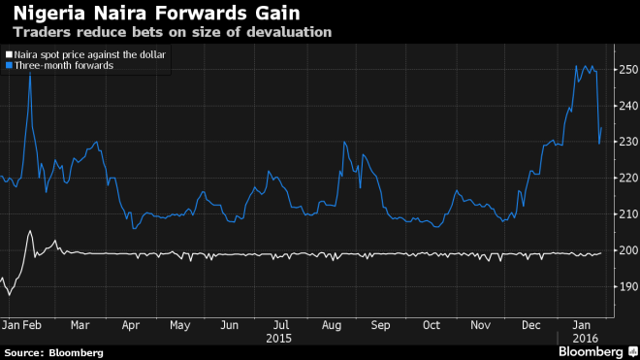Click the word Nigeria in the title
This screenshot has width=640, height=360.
[x=38, y=14]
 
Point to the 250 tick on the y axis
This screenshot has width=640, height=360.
[x=627, y=70]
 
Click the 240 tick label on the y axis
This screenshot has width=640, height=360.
[x=627, y=106]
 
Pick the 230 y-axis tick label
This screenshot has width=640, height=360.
[x=627, y=142]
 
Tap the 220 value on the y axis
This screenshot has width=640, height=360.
[x=627, y=178]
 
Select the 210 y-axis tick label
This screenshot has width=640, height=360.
[x=627, y=213]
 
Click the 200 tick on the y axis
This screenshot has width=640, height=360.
[x=627, y=249]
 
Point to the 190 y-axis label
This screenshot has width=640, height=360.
[x=627, y=285]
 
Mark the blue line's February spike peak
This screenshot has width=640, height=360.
[x=30, y=71]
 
